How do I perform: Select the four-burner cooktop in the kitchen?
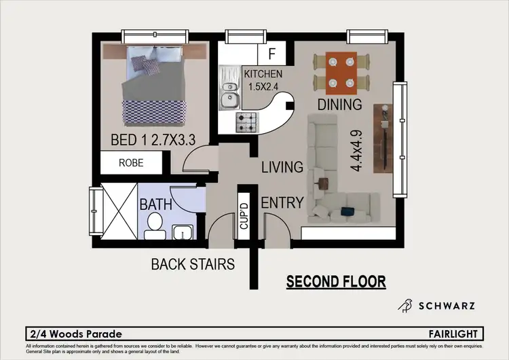pos(246,122)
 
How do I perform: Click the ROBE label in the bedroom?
pos(131,163)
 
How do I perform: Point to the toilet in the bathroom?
pos(154,224)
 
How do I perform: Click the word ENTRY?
pos(282,202)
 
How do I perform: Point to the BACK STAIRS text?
pos(193,264)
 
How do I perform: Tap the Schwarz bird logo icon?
pos(405,306)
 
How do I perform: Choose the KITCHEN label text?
pos(263,74)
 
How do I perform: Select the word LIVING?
pos(282,167)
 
